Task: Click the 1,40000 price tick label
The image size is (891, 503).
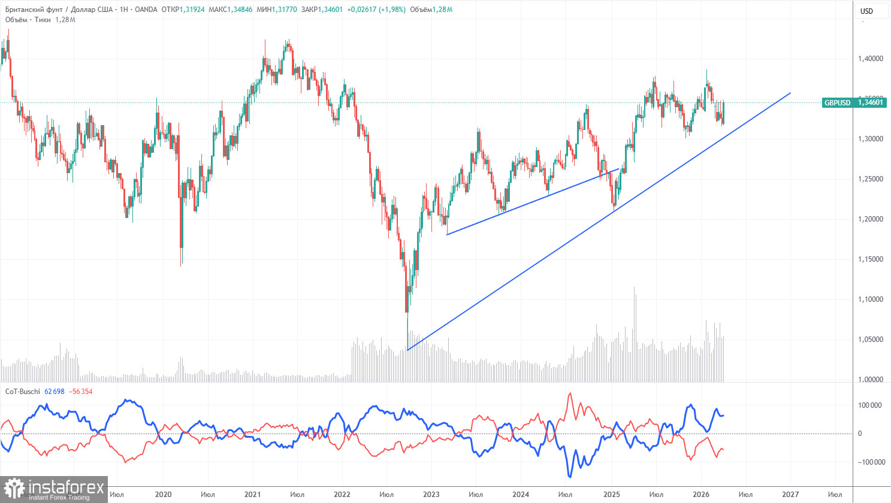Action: coord(870,59)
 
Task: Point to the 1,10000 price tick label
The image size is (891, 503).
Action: coord(870,299)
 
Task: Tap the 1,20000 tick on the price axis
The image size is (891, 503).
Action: coord(870,219)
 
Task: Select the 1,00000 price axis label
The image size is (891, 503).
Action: coord(870,380)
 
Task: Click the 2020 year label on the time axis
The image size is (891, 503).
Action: coord(163,495)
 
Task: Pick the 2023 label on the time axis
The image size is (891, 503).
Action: coord(431,495)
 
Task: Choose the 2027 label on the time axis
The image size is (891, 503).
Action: coord(790,495)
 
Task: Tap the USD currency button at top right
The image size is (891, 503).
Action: coord(866,11)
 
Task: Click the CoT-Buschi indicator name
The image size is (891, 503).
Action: coord(23,392)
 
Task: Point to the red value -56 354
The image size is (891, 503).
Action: coord(80,392)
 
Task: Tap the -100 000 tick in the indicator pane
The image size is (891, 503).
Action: coord(871,462)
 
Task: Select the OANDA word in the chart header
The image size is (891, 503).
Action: coord(147,10)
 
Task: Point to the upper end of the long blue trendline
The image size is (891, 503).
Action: coord(790,93)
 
